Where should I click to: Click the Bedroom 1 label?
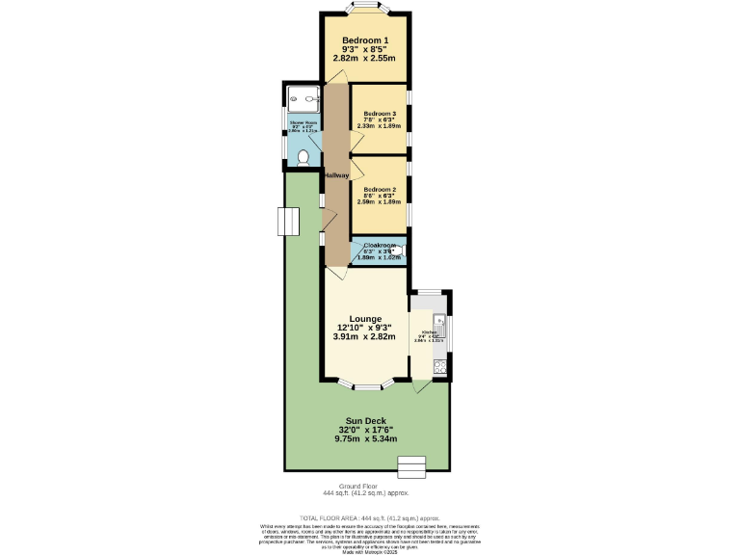[x=365, y=40]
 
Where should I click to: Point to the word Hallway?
[x=335, y=174]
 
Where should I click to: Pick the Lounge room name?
[x=365, y=319]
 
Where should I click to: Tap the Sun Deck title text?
[x=365, y=421]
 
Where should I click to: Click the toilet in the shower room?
[x=304, y=157]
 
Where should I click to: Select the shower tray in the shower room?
[x=304, y=97]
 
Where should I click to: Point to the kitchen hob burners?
[x=439, y=365]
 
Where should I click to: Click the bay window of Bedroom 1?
[x=365, y=9]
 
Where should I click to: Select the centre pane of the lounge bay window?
[x=366, y=386]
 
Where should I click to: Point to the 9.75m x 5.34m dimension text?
[x=365, y=438]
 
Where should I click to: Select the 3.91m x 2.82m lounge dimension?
[x=365, y=337]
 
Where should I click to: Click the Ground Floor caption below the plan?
[x=357, y=487]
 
